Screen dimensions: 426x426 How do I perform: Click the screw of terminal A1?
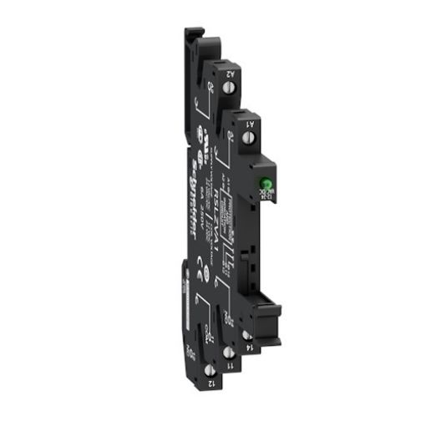click(247, 136)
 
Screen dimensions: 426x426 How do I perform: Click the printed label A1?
click(251, 122)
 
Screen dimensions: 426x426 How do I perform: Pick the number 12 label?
click(208, 383)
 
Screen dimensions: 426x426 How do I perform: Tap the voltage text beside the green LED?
click(262, 201)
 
